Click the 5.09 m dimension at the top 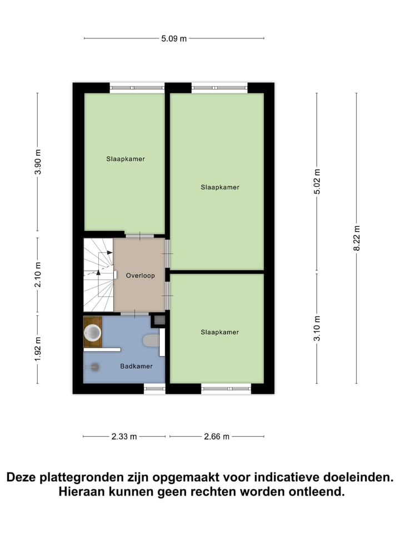click(174, 38)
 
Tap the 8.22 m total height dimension click(357, 238)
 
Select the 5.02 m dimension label click(317, 181)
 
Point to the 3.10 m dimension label click(317, 328)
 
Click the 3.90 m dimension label click(38, 162)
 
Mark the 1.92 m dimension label click(38, 349)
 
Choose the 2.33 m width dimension click(124, 437)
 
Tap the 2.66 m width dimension click(217, 437)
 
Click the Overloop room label click(140, 275)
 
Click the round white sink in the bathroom click(92, 333)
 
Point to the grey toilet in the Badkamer click(151, 340)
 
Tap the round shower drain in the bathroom click(95, 367)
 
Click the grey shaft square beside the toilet click(158, 320)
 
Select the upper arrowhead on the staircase click(109, 252)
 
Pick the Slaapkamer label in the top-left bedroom click(126, 159)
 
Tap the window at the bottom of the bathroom click(154, 388)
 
